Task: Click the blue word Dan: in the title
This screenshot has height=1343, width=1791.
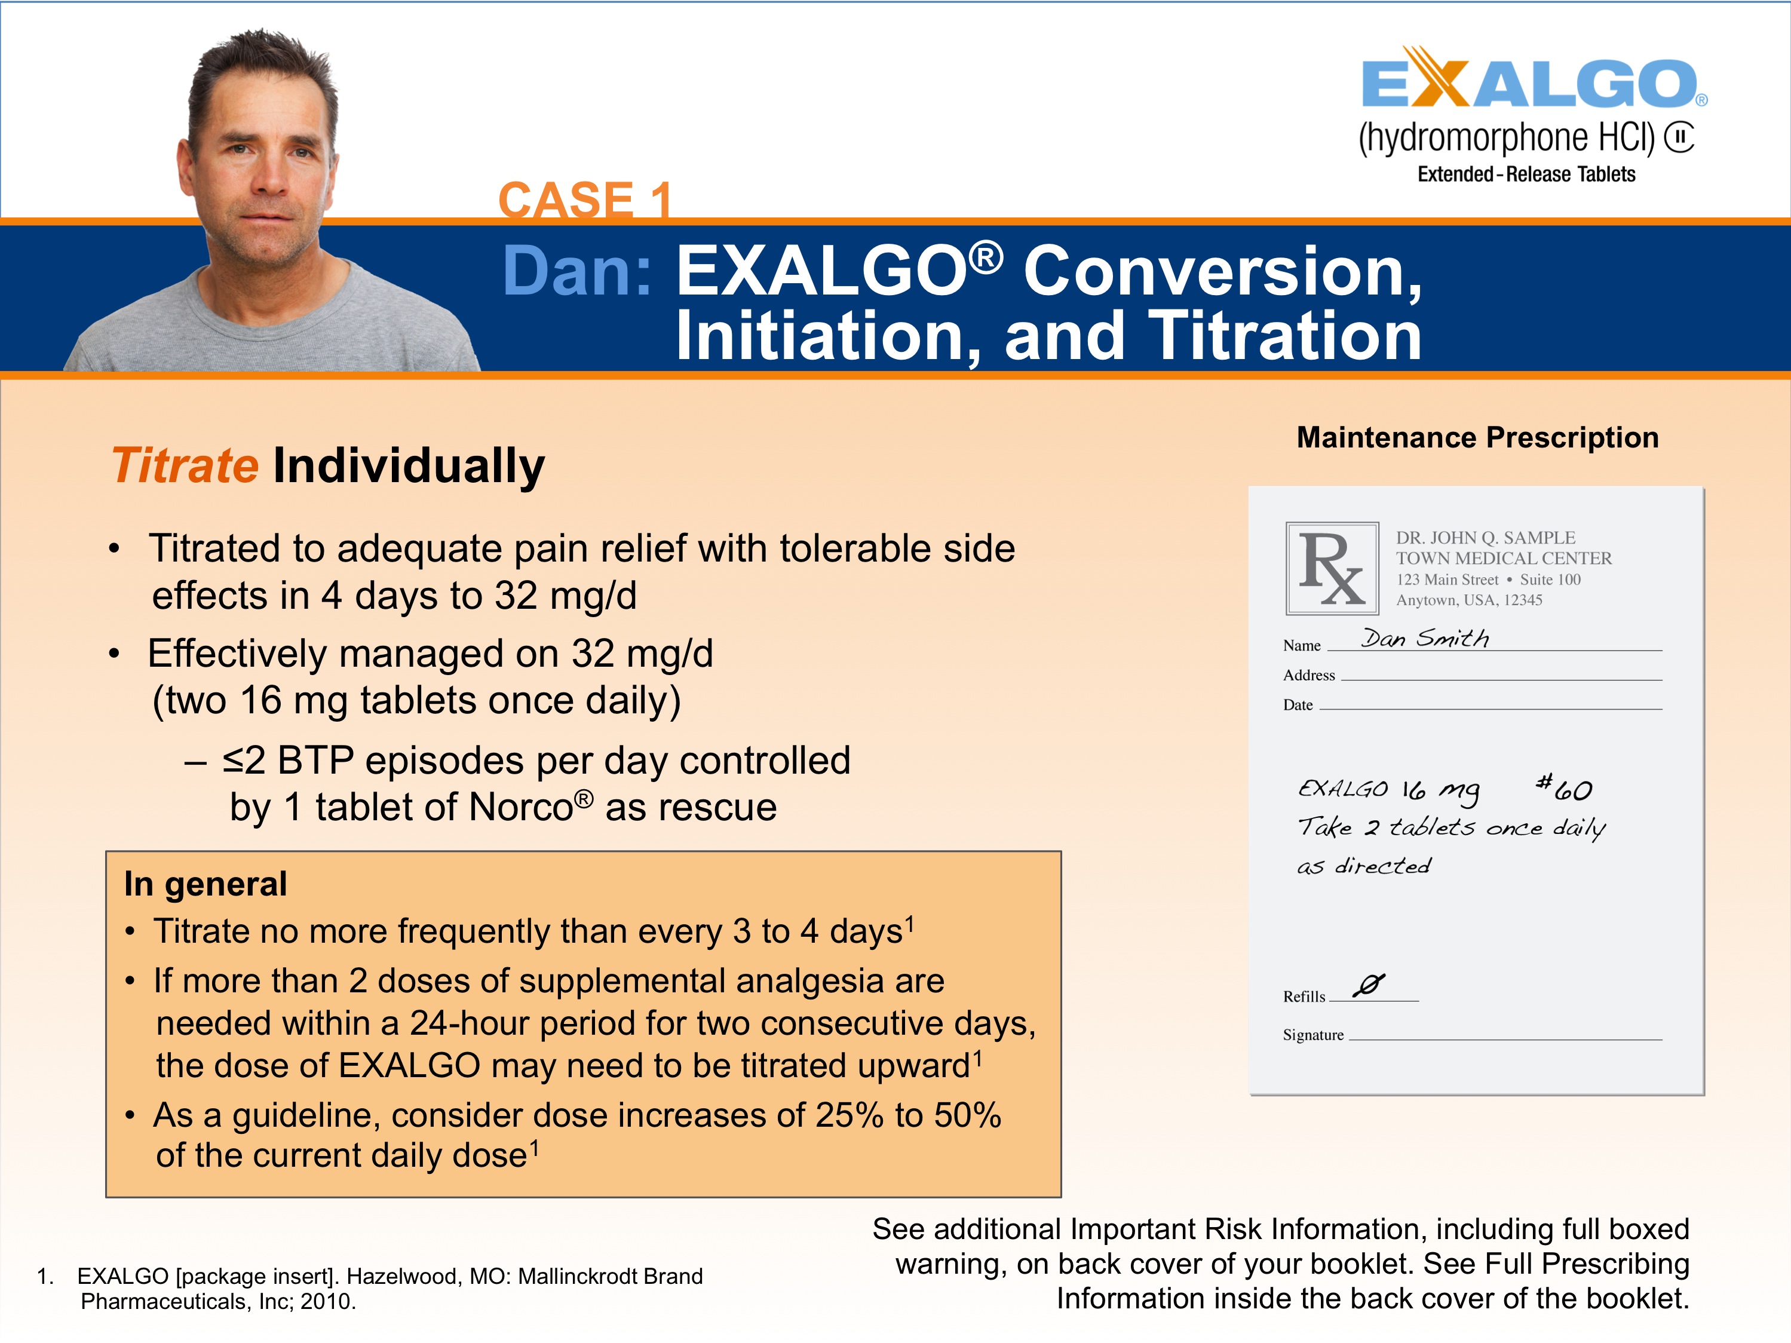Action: [576, 271]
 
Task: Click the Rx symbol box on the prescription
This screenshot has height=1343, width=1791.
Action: [1332, 568]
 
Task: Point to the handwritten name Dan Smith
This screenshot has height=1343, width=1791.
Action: [1424, 638]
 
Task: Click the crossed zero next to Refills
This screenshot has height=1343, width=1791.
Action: [1369, 985]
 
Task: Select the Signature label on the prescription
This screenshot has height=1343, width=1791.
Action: [1312, 1035]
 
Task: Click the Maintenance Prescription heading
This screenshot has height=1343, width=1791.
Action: [1477, 438]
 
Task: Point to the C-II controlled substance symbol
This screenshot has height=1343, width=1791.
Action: [1679, 137]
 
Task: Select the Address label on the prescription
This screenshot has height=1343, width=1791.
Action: [1308, 675]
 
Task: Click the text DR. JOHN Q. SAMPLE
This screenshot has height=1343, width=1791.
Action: [1485, 538]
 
